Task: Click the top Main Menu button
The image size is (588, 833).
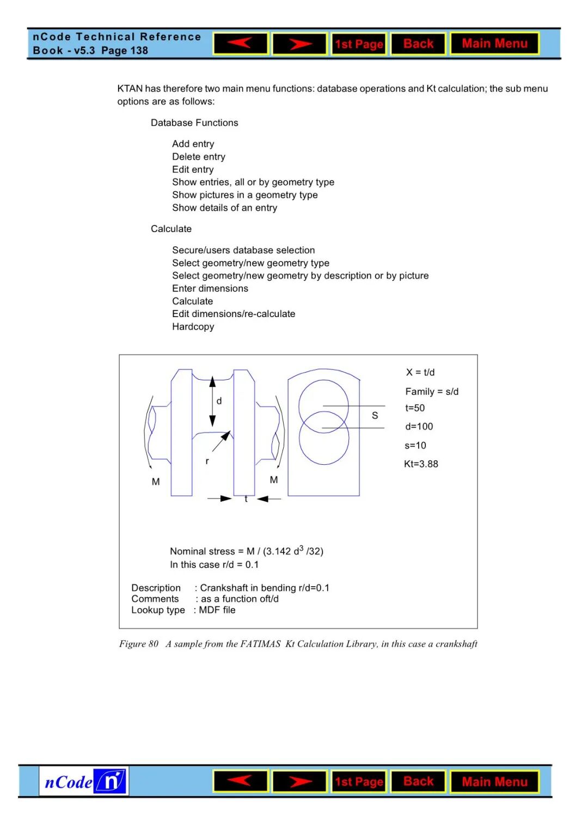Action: pos(494,44)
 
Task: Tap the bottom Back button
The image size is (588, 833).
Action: pos(418,781)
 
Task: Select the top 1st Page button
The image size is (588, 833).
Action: pos(359,44)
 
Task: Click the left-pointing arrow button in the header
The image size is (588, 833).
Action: pos(241,44)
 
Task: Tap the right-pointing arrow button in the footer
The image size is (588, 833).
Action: pos(299,781)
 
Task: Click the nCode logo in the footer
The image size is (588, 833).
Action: pos(84,781)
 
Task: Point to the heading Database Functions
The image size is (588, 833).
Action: pos(194,123)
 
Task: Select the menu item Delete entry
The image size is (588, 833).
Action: pos(198,156)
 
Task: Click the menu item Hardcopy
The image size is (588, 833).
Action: pos(193,326)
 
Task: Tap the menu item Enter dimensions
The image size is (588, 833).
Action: pos(210,288)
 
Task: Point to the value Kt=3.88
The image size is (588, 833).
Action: pos(421,464)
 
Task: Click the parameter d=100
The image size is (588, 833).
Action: pos(419,426)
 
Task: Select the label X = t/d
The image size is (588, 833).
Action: pos(420,372)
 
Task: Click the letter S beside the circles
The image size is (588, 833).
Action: pos(375,415)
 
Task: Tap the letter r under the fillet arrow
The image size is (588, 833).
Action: pos(207,461)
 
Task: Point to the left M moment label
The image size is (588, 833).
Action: pos(156,482)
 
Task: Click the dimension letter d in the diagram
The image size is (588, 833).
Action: pos(219,401)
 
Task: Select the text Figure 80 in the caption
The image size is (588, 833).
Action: pos(139,644)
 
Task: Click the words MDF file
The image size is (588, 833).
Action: pos(217,610)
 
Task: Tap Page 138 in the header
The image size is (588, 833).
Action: pos(125,51)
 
